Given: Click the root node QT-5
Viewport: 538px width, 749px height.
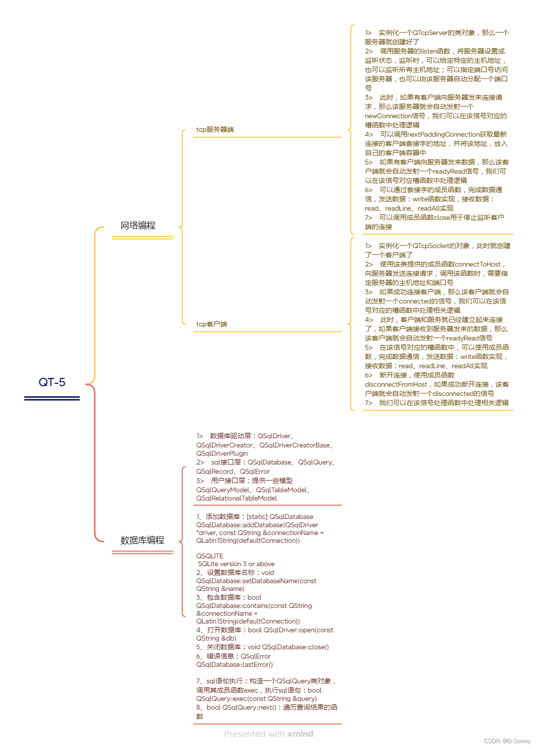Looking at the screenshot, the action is tap(52, 382).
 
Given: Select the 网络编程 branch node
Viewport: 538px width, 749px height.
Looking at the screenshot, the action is tap(138, 225).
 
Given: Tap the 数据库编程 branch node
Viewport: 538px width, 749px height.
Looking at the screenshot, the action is tap(142, 540).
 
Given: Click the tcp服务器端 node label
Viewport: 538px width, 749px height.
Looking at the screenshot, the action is tap(215, 129).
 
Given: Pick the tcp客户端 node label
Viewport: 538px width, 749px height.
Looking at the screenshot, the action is tap(211, 324).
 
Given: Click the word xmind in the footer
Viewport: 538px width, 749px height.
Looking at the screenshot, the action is tap(300, 733).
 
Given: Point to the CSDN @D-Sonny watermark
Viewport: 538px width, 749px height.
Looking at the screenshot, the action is tap(507, 741).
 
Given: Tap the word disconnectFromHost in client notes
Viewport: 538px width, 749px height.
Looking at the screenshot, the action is tap(396, 384).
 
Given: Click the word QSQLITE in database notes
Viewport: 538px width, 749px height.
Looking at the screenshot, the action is tap(210, 556).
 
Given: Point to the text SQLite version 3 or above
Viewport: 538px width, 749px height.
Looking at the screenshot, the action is tap(236, 564).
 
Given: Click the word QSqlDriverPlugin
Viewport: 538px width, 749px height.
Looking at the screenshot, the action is tap(222, 453).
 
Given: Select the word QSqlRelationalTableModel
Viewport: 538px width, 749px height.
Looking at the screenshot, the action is tap(237, 498).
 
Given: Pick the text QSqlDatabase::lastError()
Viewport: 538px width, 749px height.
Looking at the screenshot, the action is tap(235, 664).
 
